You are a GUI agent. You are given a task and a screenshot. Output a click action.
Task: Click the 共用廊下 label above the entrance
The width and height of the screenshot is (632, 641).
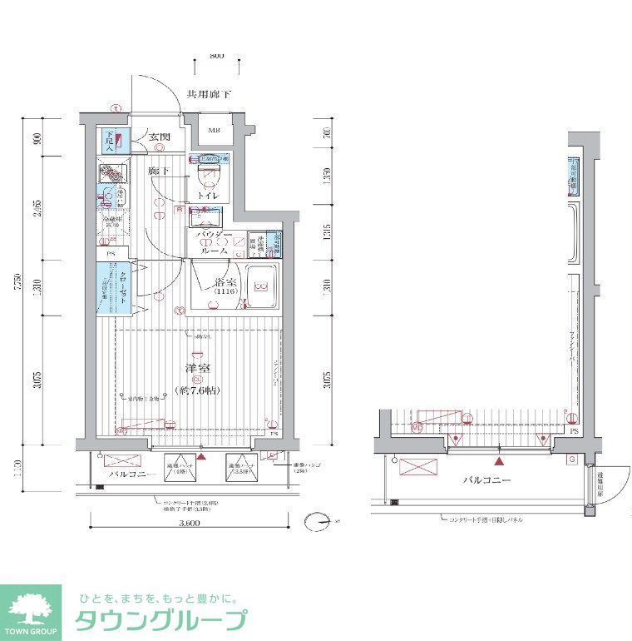coord(209,95)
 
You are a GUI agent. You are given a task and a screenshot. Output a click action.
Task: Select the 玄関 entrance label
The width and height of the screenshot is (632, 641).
coord(160,137)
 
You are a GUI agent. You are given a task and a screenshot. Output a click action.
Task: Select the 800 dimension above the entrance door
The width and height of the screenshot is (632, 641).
coord(215,56)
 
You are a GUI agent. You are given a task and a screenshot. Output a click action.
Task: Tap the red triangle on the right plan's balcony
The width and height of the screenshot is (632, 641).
coord(499,460)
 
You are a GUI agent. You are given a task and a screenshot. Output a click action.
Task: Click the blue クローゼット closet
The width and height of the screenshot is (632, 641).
coord(112,289)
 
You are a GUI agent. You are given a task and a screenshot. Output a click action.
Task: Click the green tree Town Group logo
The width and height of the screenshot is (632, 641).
coord(31,607)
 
